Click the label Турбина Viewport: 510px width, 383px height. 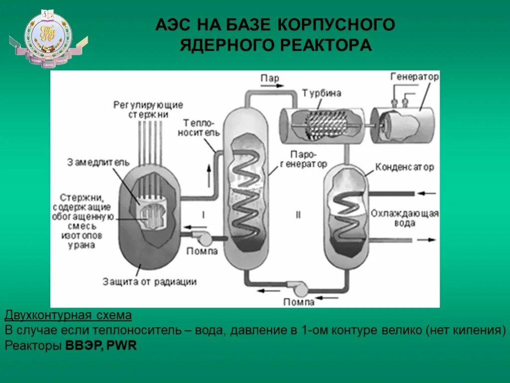click(x=321, y=93)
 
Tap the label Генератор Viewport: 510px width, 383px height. click(x=414, y=76)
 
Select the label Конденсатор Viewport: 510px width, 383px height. click(x=404, y=167)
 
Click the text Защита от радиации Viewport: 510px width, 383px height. click(x=149, y=281)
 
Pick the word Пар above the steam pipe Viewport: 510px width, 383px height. click(x=269, y=78)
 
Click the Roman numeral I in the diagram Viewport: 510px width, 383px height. click(x=203, y=214)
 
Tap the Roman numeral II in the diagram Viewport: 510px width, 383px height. click(x=298, y=214)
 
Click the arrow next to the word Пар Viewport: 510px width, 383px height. click(x=269, y=86)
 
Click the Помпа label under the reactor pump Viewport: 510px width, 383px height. click(x=202, y=251)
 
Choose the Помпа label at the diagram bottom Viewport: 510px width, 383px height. click(x=299, y=302)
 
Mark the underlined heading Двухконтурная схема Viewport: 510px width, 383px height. click(x=68, y=316)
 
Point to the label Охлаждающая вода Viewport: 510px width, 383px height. click(x=404, y=218)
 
